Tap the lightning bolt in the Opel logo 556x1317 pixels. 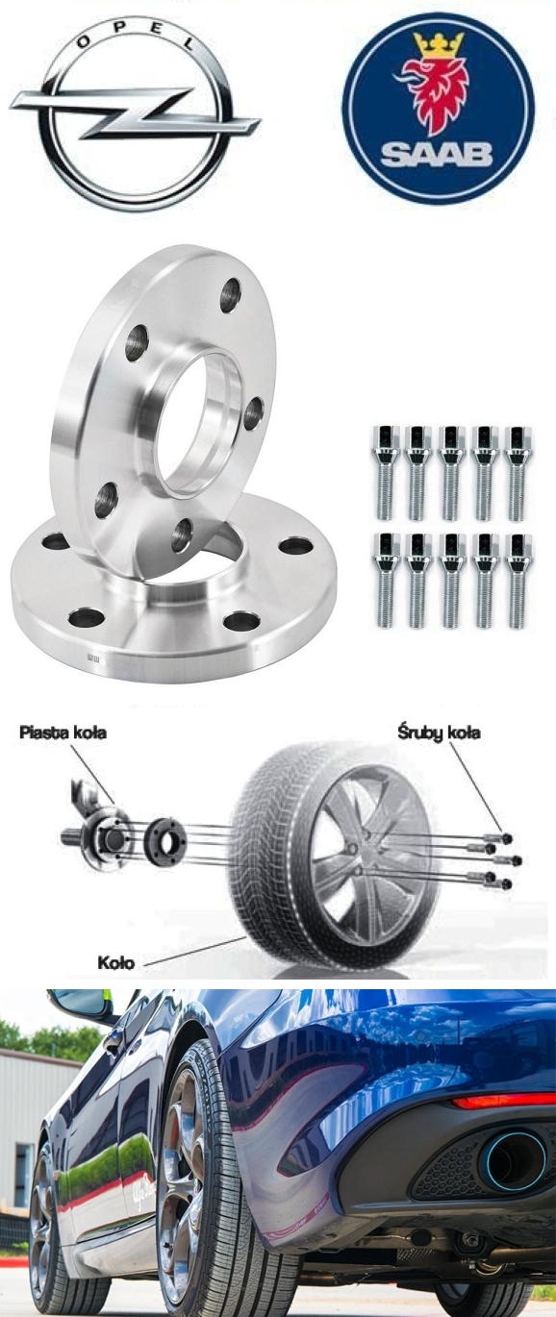135,110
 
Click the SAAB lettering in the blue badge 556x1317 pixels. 436,154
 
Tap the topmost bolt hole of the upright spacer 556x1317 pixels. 231,296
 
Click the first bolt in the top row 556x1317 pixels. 385,473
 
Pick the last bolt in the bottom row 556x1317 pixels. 518,581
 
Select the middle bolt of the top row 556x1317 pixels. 451,473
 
